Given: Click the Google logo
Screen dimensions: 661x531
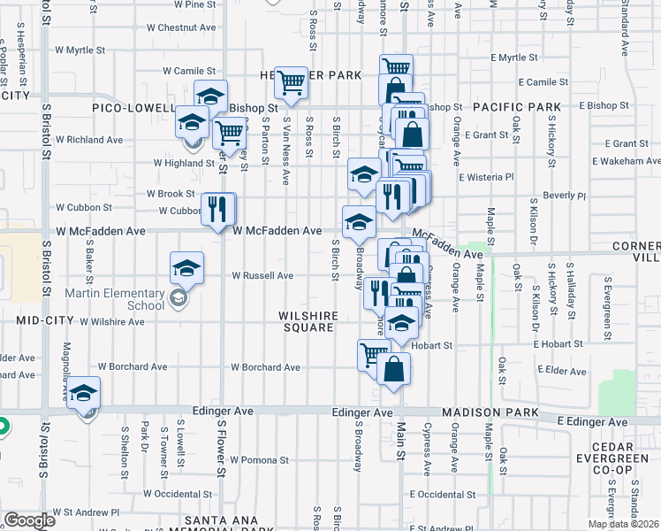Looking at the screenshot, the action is pyautogui.click(x=28, y=521).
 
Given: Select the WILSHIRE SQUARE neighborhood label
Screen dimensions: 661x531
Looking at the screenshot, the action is pyautogui.click(x=308, y=321).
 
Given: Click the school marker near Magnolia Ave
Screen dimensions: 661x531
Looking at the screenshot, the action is pyautogui.click(x=84, y=394).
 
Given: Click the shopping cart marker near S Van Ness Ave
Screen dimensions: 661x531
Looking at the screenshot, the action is pyautogui.click(x=291, y=83).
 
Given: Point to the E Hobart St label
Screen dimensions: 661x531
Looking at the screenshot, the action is pyautogui.click(x=557, y=344).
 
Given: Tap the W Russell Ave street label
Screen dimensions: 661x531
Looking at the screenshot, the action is pyautogui.click(x=262, y=275).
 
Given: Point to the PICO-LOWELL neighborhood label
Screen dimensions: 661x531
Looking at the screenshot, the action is pyautogui.click(x=133, y=108).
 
